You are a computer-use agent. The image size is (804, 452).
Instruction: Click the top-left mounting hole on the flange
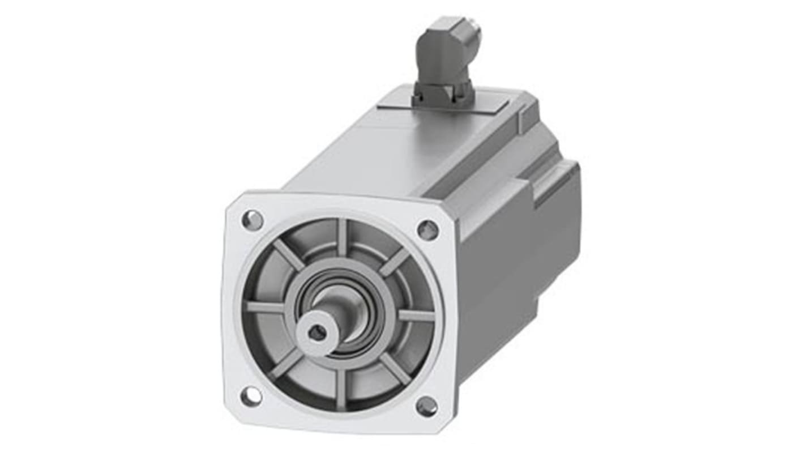[x=252, y=219]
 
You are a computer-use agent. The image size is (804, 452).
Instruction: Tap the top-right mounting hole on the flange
[x=427, y=229]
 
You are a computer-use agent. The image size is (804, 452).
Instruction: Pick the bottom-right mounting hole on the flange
[x=426, y=406]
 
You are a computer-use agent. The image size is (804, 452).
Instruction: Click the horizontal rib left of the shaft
[x=265, y=308]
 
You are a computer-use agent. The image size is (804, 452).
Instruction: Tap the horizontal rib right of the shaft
[x=416, y=315]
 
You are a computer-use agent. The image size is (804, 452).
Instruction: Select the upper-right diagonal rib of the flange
[x=395, y=262]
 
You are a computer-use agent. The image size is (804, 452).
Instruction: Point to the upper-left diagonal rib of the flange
[x=288, y=254]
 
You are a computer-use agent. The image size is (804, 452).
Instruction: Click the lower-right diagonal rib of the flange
[x=395, y=368]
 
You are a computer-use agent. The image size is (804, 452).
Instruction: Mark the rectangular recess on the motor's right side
[x=555, y=184]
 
